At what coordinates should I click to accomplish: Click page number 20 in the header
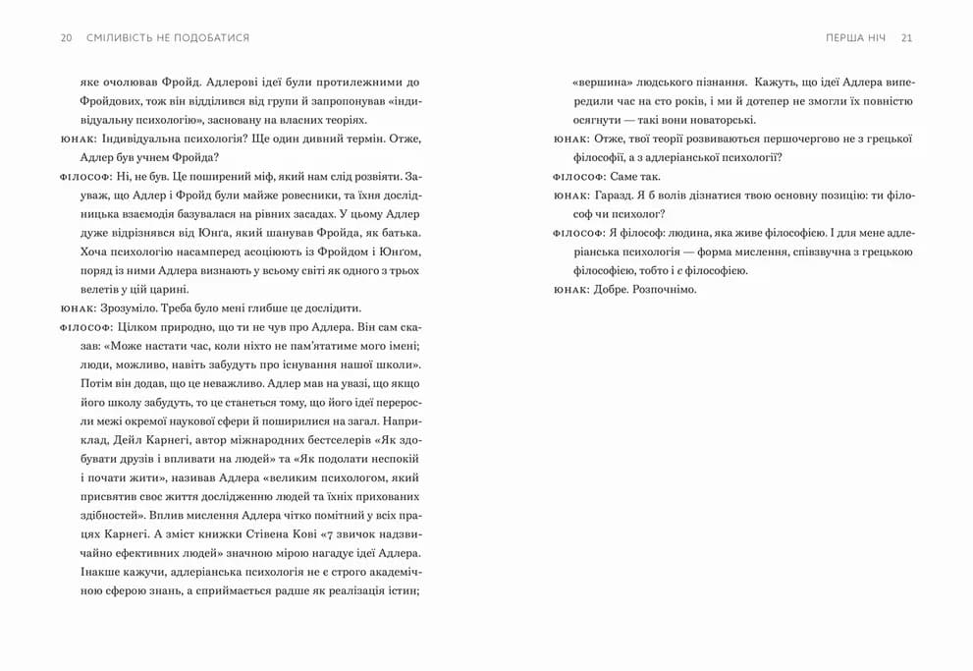pyautogui.click(x=66, y=37)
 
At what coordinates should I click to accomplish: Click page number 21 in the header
pyautogui.click(x=906, y=37)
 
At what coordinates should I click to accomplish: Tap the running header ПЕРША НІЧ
pyautogui.click(x=856, y=37)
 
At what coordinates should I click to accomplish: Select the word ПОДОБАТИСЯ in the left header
pyautogui.click(x=208, y=37)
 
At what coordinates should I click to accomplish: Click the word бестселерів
pyautogui.click(x=344, y=438)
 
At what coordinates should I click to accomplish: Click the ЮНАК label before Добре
pyautogui.click(x=569, y=289)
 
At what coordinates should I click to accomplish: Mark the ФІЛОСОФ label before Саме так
pyautogui.click(x=576, y=177)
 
